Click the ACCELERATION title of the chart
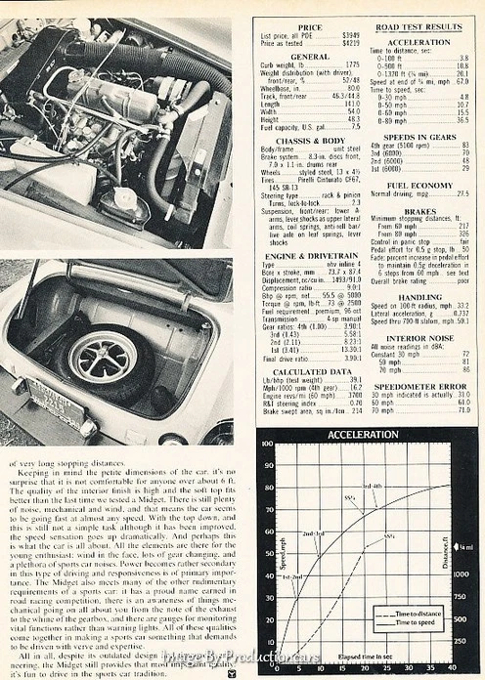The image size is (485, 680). [364, 433]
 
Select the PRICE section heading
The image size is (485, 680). [309, 27]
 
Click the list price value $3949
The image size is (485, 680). [350, 36]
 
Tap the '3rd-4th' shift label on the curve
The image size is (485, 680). [373, 486]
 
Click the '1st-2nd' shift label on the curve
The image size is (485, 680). [292, 576]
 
